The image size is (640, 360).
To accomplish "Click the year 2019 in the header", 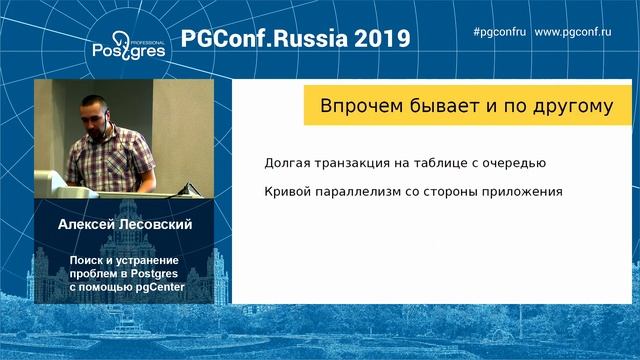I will point(376,38).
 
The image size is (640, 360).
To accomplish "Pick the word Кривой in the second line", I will point(288,191).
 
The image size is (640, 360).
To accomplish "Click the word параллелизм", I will point(366,191).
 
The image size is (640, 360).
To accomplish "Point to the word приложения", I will point(511,191).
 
